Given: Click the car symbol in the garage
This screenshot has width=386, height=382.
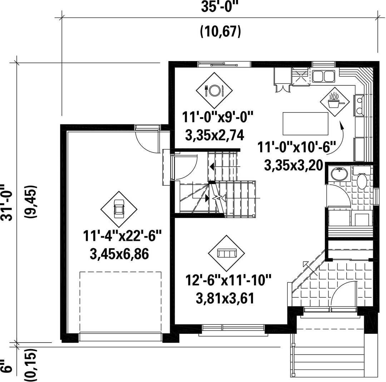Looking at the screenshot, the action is coord(119,209).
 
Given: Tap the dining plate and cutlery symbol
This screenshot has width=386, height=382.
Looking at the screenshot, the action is coord(214,90).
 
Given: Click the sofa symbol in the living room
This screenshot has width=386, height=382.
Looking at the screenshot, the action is coord(227,253).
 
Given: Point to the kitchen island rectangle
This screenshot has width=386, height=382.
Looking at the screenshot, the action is coord(306,124).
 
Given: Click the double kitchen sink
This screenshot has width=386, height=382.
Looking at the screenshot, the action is coord(323,76).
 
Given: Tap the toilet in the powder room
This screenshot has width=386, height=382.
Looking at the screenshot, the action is coord(362,179).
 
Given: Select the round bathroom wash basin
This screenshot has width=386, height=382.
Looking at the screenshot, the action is coord(339,174).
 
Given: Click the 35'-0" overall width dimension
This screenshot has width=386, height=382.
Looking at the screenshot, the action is coord(220,7).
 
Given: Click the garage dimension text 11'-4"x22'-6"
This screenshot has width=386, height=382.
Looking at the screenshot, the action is coord(122,235).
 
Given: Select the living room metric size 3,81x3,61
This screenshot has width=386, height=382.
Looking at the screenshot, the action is coord(225,298).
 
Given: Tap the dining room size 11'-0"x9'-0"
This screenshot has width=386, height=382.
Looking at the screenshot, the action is coord(218,117).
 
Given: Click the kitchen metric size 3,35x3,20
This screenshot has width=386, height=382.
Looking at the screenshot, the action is coord(293,165).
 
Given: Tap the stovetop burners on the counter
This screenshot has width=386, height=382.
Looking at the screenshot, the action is coord(359,105).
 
